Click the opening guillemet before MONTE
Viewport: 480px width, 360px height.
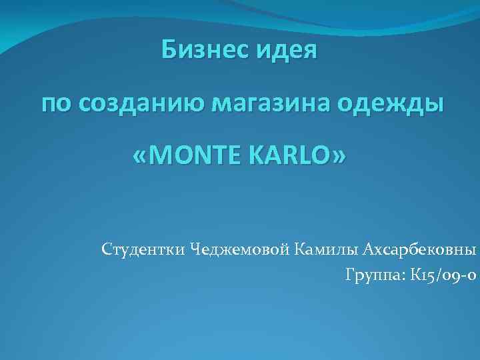(141, 157)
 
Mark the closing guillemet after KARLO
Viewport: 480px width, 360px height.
(340, 157)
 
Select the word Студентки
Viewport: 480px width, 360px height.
(144, 250)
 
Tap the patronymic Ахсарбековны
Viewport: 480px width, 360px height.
(420, 250)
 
